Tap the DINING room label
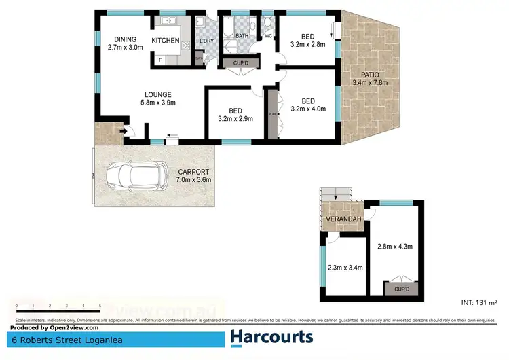pyautogui.click(x=125, y=43)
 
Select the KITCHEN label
pyautogui.click(x=165, y=41)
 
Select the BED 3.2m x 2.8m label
pyautogui.click(x=307, y=40)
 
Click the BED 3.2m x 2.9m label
pyautogui.click(x=235, y=114)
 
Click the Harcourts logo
pyautogui.click(x=271, y=337)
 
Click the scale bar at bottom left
pyautogui.click(x=58, y=307)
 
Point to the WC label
pyautogui.click(x=268, y=36)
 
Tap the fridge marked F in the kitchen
pyautogui.click(x=160, y=60)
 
